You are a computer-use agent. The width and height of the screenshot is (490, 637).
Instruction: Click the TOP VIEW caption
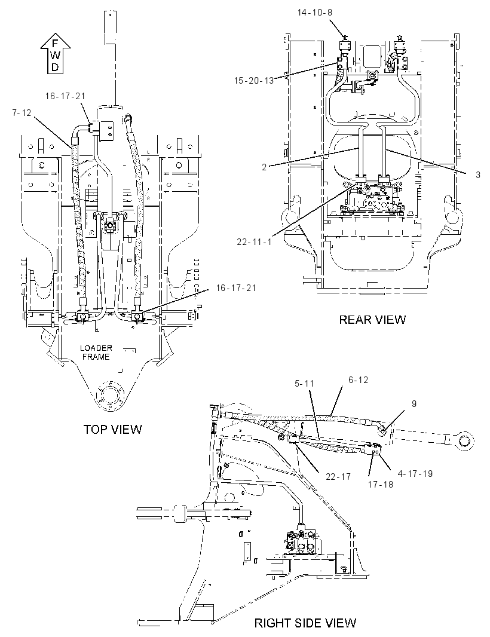point(112,429)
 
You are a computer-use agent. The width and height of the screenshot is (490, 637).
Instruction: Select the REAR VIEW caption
point(372,319)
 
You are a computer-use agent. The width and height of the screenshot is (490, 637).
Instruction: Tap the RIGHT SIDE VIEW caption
point(305,623)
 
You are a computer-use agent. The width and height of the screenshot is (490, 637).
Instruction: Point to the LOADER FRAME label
point(96,352)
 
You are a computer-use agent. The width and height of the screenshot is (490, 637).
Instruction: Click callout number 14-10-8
point(314,13)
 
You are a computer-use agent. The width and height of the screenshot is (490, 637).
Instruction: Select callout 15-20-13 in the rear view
point(254,81)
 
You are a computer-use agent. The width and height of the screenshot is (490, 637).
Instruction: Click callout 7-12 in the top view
point(22,113)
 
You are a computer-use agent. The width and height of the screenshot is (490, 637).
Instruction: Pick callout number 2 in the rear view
point(264,167)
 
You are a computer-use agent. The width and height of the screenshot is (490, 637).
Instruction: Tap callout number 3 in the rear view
point(478,174)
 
